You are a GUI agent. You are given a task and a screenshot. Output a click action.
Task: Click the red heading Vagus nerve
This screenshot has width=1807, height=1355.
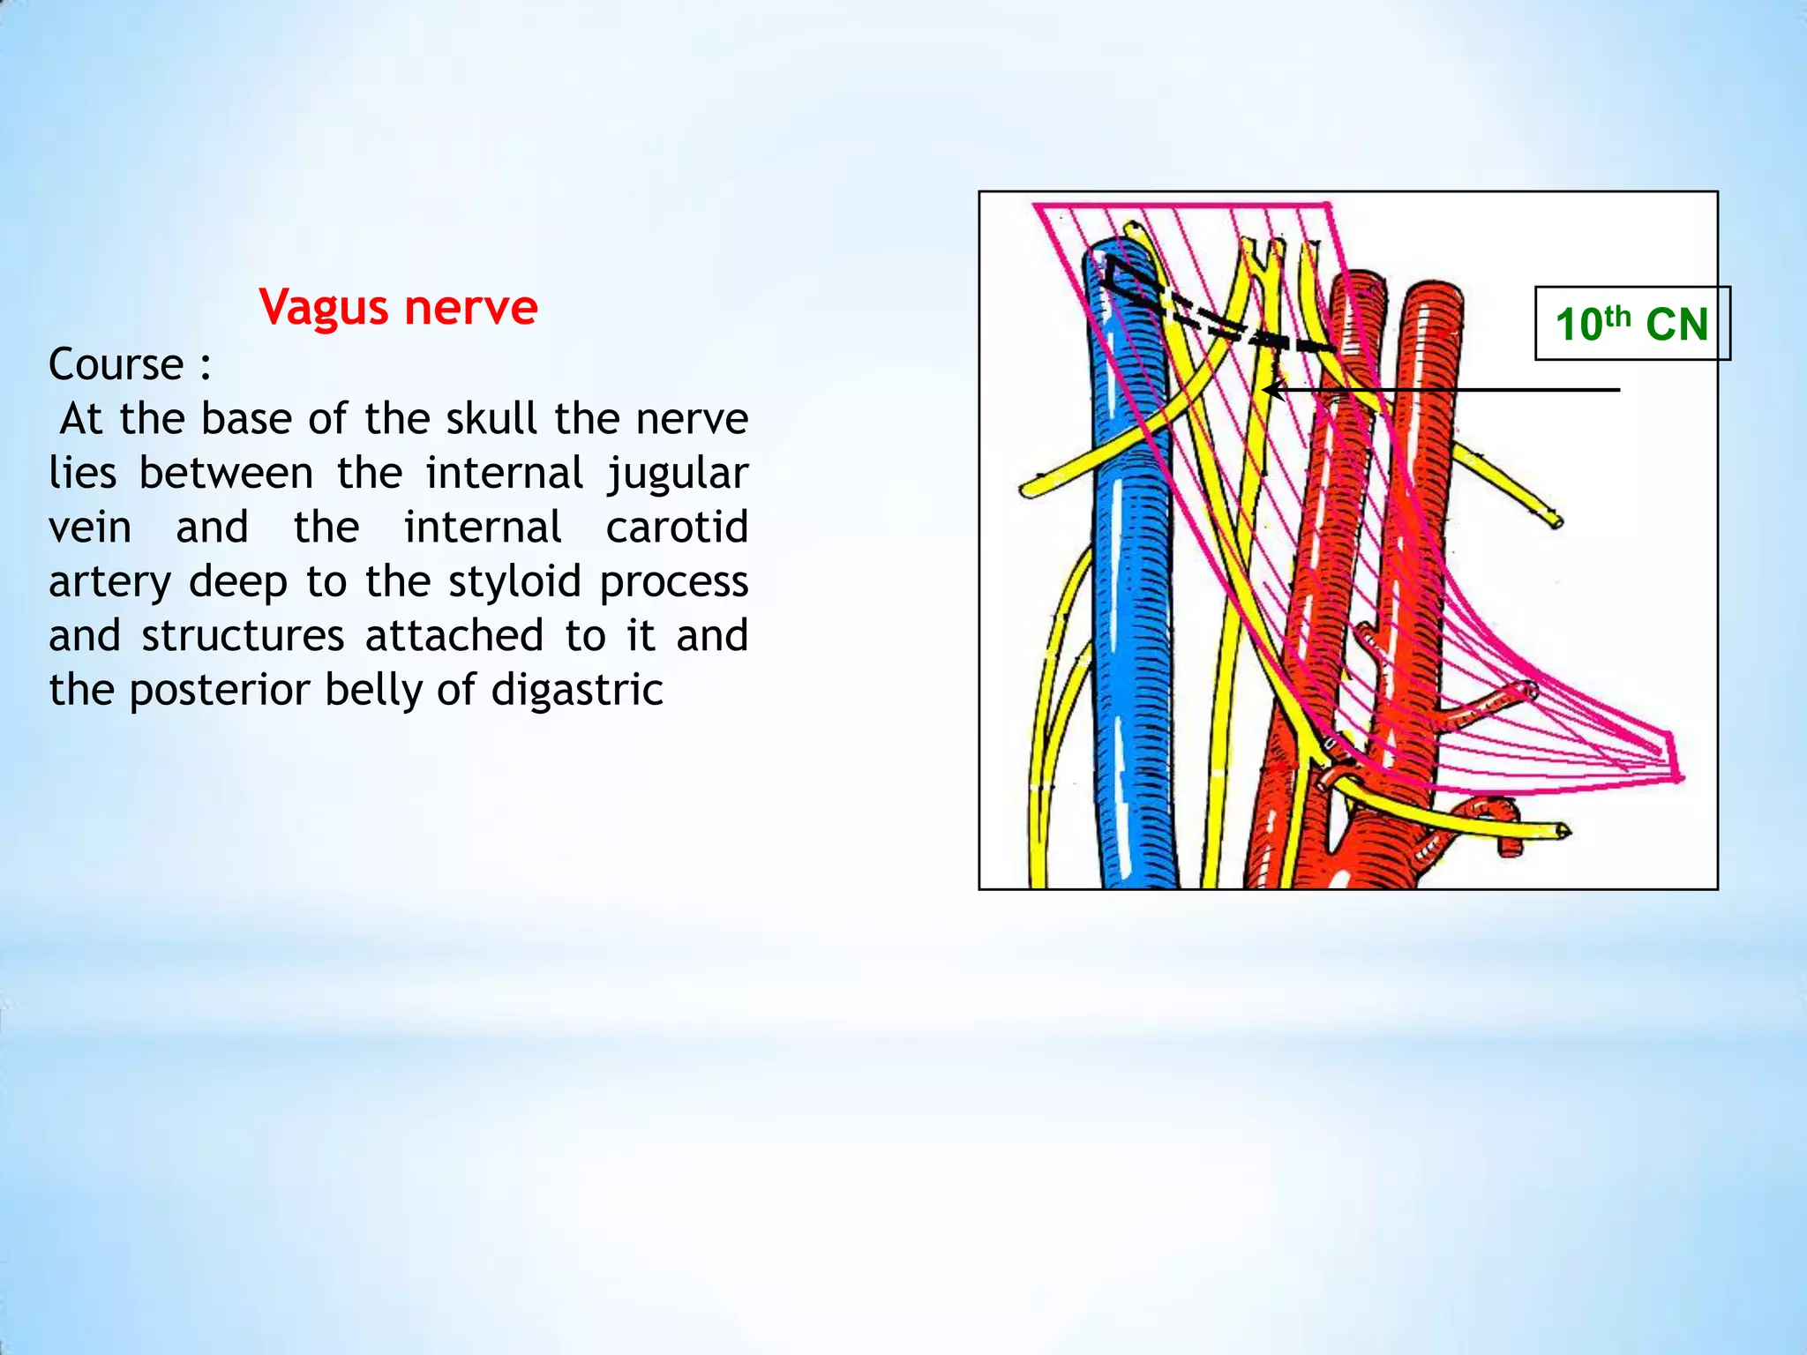398,308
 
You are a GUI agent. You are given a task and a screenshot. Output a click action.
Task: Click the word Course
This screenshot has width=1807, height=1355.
116,364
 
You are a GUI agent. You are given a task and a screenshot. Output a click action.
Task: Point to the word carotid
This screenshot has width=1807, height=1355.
677,528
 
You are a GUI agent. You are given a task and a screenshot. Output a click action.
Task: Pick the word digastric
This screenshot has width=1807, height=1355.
577,690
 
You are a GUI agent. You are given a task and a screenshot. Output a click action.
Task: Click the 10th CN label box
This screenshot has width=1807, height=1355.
1631,324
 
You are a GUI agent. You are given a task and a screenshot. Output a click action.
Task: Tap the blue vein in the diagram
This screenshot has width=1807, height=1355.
1132,573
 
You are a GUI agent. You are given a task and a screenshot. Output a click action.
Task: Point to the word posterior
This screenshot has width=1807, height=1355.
219,690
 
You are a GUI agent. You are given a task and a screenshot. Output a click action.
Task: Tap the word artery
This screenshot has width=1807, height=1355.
109,583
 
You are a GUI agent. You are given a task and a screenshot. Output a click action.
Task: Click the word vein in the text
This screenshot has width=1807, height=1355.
89,528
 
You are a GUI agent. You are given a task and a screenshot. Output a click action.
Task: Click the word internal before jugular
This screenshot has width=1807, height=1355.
504,474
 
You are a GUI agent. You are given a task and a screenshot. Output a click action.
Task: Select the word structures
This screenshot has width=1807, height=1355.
243,636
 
